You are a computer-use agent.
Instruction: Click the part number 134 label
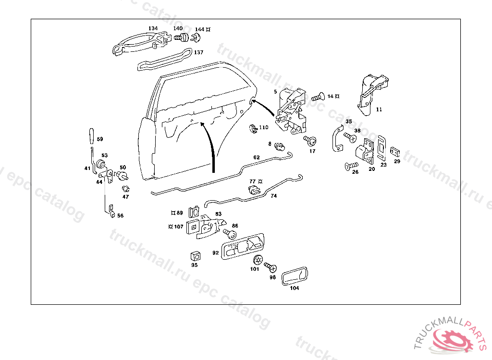(x=153, y=28)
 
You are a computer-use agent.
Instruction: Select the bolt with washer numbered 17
(x=310, y=141)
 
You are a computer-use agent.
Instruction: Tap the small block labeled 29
(x=395, y=151)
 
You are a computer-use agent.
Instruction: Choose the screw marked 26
(x=349, y=167)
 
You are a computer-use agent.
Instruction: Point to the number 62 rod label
(x=256, y=157)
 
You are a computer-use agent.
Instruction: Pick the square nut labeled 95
(x=195, y=255)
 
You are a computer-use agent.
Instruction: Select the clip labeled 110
(x=252, y=129)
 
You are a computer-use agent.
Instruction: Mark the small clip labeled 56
(x=111, y=212)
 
